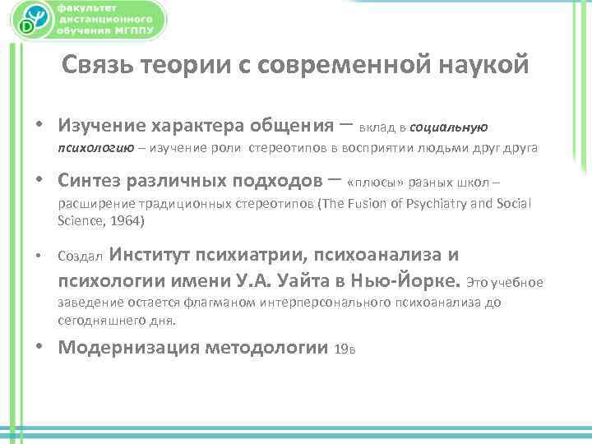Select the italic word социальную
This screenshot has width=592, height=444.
449,127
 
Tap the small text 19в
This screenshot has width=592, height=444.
345,349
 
